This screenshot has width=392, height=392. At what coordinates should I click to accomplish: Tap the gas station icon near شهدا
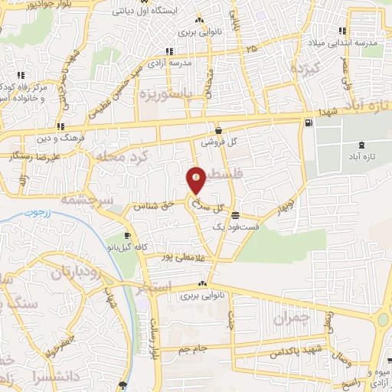309,122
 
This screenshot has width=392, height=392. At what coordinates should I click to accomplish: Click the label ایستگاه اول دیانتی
151,11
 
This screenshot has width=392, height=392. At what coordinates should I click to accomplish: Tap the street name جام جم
194,349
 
